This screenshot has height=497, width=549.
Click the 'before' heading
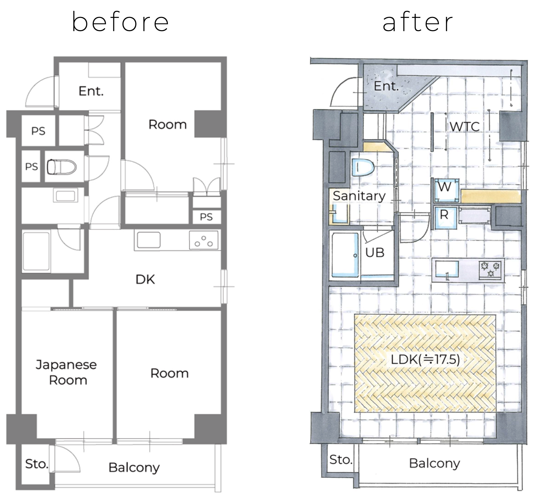coord(120,22)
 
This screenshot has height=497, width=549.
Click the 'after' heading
coord(417,22)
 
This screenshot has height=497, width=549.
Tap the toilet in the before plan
coord(61,167)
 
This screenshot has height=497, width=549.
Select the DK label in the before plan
coord(145,279)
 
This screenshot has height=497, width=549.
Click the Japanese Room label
coord(67,372)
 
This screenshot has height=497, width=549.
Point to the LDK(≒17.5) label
coord(425,359)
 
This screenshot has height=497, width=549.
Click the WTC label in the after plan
coord(465,127)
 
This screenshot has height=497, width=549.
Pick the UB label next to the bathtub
coord(375,253)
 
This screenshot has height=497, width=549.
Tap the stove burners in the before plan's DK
coord(203,240)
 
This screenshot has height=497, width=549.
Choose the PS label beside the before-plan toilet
coord(31,167)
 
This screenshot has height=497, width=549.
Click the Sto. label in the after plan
coord(341,459)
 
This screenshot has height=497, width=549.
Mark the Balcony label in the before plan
coord(134,468)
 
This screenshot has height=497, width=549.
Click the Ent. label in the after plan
coord(386,86)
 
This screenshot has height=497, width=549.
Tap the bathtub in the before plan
coord(36,251)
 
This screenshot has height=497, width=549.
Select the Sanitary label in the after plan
coord(359,196)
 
